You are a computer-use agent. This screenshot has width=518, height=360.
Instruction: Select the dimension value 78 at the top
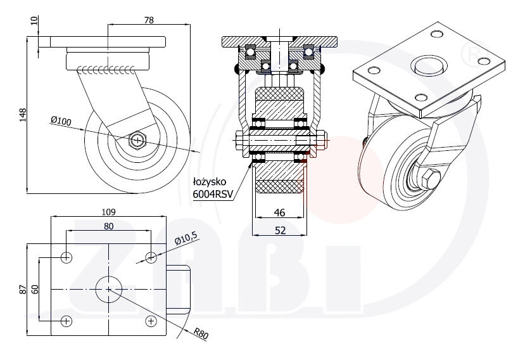pyautogui.click(x=149, y=20)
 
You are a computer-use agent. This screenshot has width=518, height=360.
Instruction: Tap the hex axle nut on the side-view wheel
pyautogui.click(x=137, y=139)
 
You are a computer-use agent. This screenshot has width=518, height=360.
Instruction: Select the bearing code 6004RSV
pyautogui.click(x=213, y=195)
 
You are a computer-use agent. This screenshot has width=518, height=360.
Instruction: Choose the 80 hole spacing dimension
pyautogui.click(x=109, y=226)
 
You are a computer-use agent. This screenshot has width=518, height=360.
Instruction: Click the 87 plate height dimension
pyautogui.click(x=23, y=289)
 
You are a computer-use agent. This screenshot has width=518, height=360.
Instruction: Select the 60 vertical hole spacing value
pyautogui.click(x=35, y=289)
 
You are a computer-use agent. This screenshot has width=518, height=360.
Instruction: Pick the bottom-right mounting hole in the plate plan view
pyautogui.click(x=151, y=321)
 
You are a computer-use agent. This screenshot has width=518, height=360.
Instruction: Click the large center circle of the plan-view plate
pyautogui.click(x=109, y=289)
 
